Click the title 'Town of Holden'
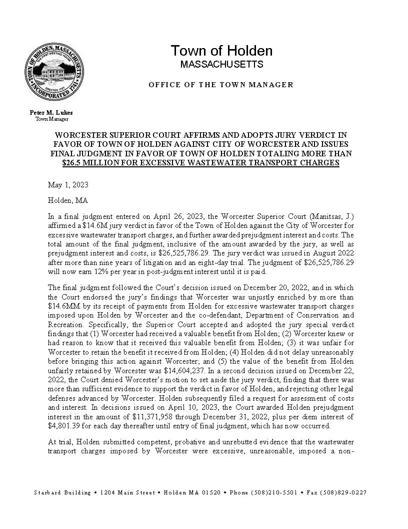[x=221, y=51]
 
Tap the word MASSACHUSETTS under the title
[x=221, y=65]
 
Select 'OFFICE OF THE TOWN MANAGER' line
[x=221, y=85]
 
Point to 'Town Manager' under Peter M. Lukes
[x=51, y=119]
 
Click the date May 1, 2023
[x=68, y=185]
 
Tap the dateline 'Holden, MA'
[x=68, y=200]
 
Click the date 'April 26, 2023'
[x=164, y=215]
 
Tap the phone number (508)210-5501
[x=274, y=492]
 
